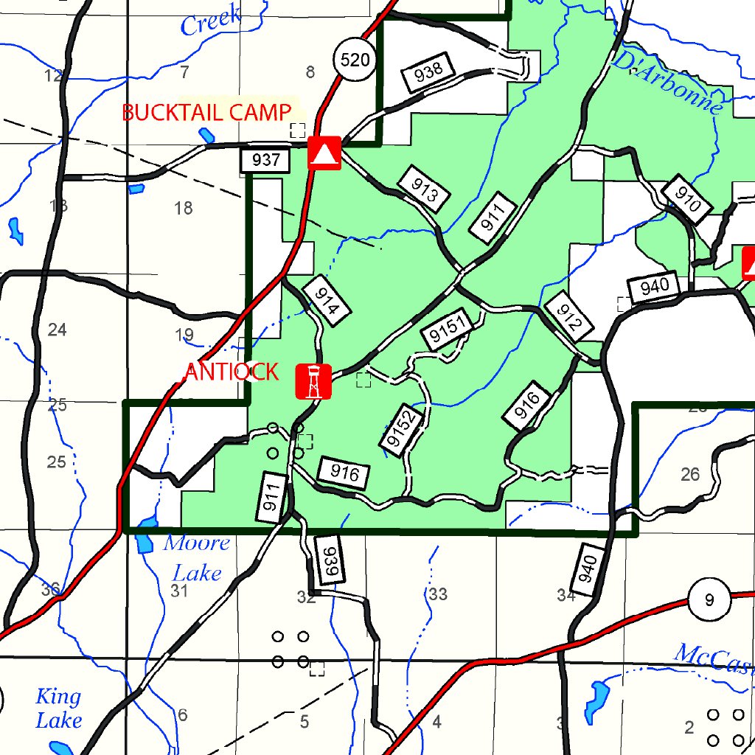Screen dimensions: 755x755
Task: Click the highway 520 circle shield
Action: click(x=355, y=60)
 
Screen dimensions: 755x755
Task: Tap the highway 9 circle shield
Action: click(x=709, y=600)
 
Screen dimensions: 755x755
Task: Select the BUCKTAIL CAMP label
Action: click(x=206, y=113)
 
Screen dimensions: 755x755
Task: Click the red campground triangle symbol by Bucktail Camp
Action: click(x=324, y=153)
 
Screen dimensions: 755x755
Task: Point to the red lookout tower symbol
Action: click(x=313, y=381)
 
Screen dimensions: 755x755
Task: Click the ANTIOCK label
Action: click(x=232, y=372)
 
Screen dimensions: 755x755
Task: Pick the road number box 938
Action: click(x=428, y=71)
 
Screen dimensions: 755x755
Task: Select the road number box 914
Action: click(x=327, y=298)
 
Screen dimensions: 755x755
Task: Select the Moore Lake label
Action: click(x=196, y=557)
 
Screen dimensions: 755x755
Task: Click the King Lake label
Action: click(x=59, y=708)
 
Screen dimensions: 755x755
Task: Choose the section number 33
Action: click(x=438, y=594)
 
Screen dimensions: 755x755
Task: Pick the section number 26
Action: click(x=690, y=474)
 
